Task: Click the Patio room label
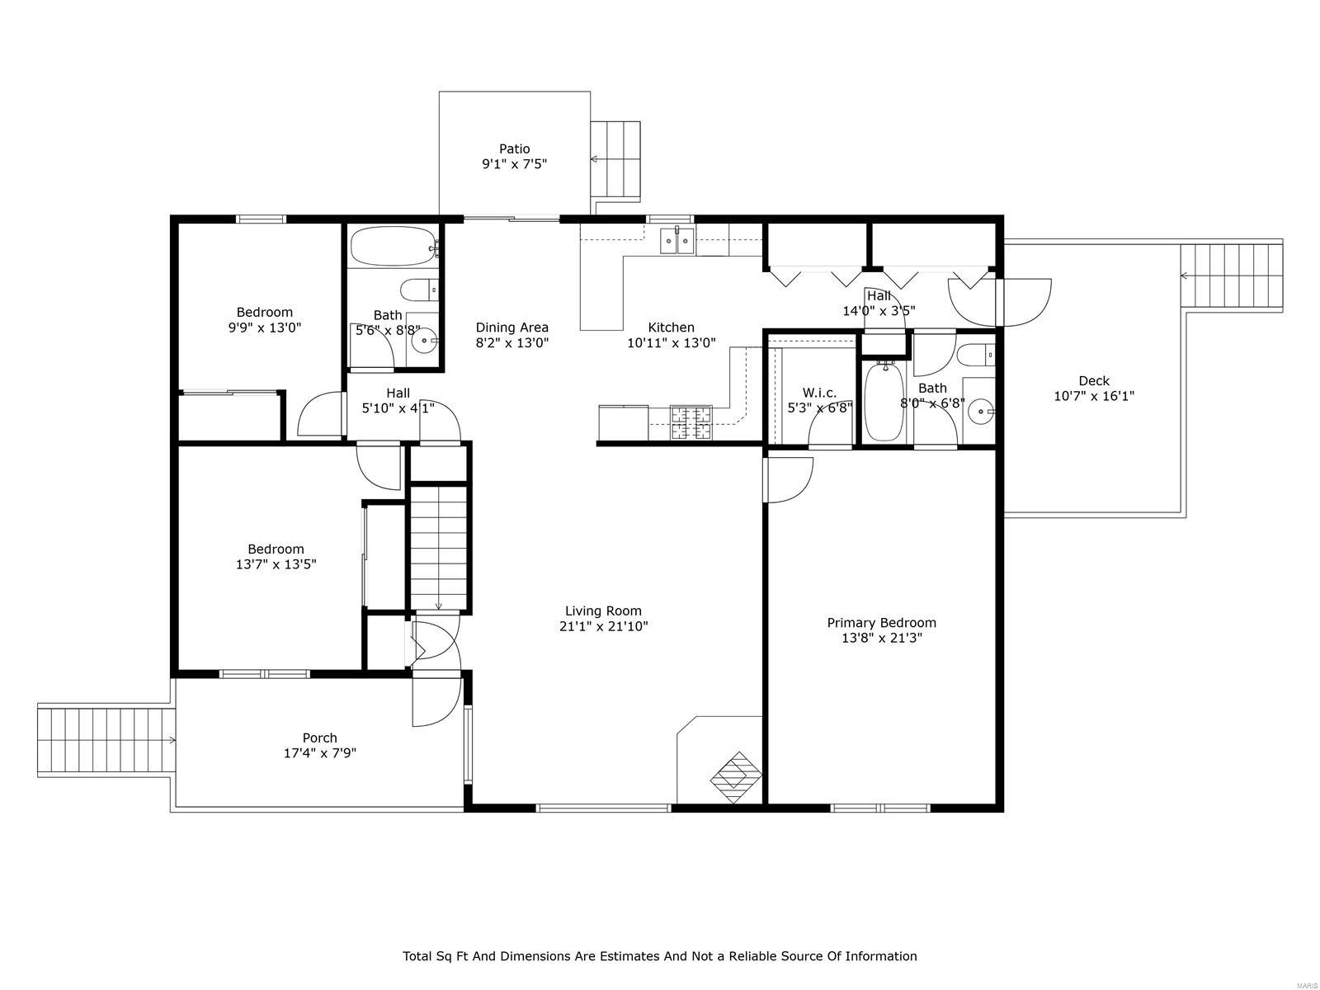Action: coord(514,149)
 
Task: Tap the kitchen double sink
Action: coord(677,242)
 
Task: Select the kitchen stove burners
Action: coord(691,423)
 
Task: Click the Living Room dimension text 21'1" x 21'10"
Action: coord(603,626)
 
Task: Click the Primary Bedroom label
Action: coord(881,623)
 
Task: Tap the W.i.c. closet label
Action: coord(818,393)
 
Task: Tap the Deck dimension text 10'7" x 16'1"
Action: coord(1094,396)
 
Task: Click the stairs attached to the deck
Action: coord(1232,276)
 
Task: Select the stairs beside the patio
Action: coord(615,159)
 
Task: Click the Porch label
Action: coord(319,738)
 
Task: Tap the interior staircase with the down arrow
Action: coord(440,549)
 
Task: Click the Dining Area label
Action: coord(511,328)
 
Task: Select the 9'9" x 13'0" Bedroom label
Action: coord(264,312)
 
